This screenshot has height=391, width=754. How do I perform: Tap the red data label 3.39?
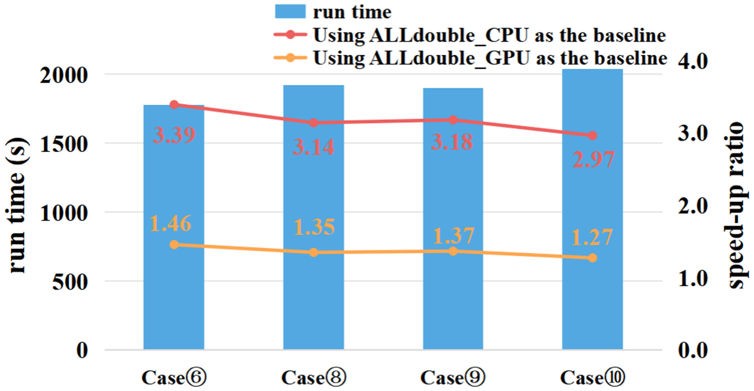(x=174, y=135)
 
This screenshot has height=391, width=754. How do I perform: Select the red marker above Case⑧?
(x=313, y=123)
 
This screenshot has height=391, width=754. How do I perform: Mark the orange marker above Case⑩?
(x=592, y=258)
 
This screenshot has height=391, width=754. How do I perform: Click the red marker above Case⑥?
(x=174, y=104)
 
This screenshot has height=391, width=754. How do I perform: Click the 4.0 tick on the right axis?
(x=688, y=63)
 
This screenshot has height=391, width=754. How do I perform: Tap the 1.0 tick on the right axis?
(x=688, y=279)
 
